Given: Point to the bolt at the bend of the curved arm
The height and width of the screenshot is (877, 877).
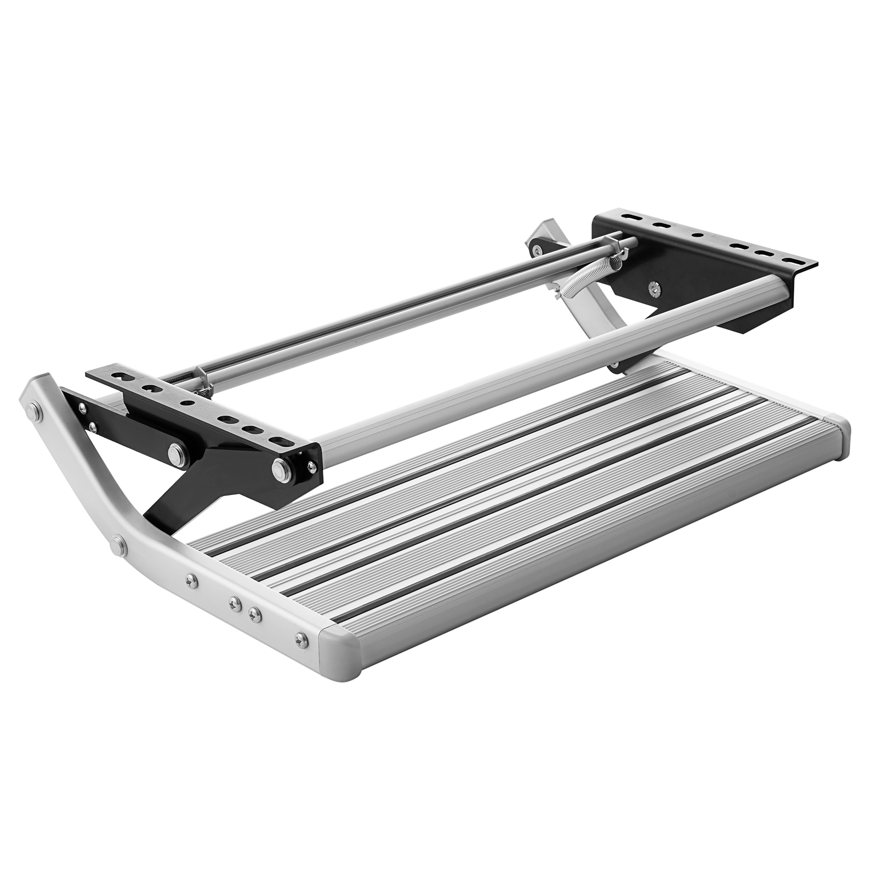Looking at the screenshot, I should [x=116, y=545].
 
